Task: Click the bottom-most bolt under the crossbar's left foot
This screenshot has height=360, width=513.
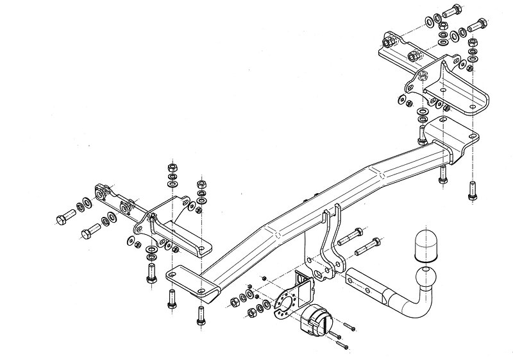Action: pos(200,315)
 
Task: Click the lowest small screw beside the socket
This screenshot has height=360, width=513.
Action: pos(346,347)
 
